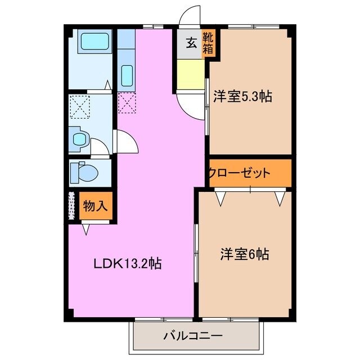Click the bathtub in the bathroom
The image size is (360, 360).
[x=94, y=42]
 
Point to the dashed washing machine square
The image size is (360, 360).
[x=81, y=105]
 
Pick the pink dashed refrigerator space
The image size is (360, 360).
[x=127, y=102]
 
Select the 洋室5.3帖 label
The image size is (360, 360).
[x=242, y=97]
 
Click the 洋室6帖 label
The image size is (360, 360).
[x=244, y=254]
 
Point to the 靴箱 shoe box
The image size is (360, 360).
[x=208, y=43]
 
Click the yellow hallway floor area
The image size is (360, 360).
[x=191, y=73]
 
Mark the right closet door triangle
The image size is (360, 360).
[x=279, y=197]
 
